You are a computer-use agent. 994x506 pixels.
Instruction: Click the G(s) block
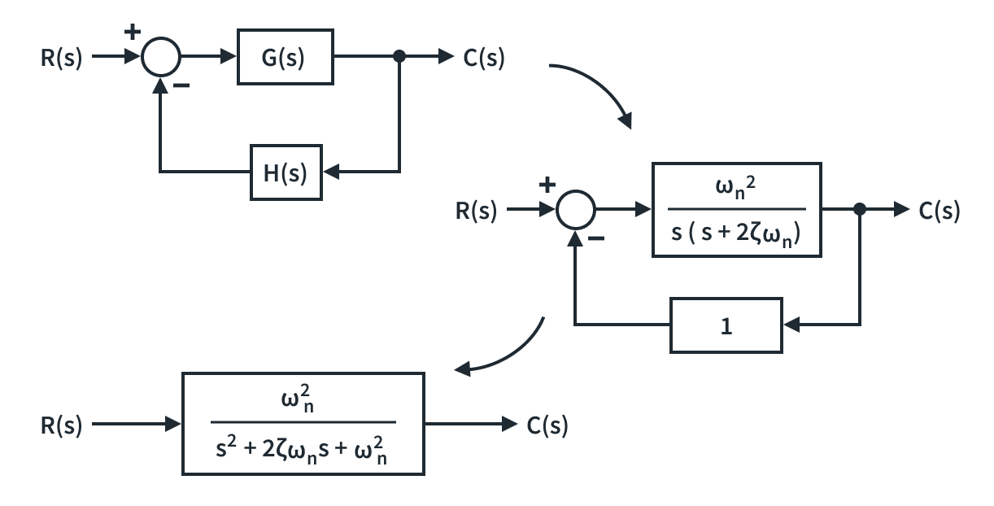(285, 57)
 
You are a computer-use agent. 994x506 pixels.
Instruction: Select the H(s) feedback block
(286, 172)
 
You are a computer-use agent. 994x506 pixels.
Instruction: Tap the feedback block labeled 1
(726, 325)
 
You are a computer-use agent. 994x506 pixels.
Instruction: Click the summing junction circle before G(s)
(161, 57)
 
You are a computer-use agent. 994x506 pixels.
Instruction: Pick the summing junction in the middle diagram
(576, 211)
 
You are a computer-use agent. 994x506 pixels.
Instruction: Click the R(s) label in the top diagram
(62, 59)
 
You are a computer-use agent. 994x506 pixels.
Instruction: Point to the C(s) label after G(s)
(483, 59)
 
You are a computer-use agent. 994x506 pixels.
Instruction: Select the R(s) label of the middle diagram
(476, 212)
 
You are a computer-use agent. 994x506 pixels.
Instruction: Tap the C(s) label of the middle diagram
(940, 212)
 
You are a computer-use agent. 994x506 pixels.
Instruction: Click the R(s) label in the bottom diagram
(62, 425)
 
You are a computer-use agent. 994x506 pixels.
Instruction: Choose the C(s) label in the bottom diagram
(547, 425)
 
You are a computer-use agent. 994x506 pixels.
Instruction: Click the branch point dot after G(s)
(399, 57)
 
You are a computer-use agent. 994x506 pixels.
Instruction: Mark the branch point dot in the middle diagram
(860, 210)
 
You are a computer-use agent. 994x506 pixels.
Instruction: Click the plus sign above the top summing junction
(133, 33)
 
